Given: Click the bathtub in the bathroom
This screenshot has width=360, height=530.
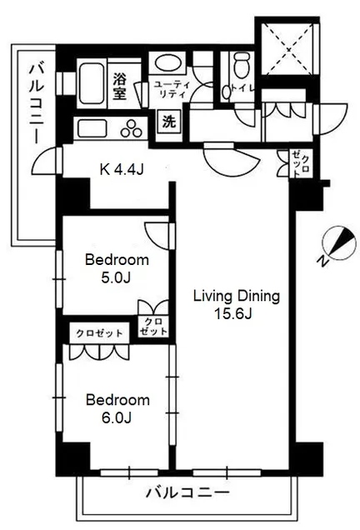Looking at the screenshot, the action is click(92, 83).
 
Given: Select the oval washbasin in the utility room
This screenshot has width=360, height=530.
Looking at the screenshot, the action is click(168, 62).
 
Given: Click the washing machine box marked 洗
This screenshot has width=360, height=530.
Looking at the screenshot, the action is click(169, 122).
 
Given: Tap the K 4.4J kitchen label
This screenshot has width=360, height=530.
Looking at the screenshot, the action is click(122, 169).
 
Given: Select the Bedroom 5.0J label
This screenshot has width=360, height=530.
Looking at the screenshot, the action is click(117, 268).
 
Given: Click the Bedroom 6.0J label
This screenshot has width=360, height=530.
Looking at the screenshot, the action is click(117, 408).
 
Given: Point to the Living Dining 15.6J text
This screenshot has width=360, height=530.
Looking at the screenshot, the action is click(237, 305).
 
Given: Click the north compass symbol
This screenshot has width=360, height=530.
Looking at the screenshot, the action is click(339, 242).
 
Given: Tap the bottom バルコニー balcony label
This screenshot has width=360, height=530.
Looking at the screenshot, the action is click(187, 492).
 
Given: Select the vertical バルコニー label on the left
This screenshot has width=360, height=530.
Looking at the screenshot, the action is click(37, 103).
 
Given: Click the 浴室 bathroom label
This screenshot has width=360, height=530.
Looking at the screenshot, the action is click(120, 87).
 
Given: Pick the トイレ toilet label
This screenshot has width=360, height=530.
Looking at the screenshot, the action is click(242, 88).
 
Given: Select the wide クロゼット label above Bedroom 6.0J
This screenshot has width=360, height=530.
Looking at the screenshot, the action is click(99, 333).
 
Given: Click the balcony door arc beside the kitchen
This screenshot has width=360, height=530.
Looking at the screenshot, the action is click(44, 161).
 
